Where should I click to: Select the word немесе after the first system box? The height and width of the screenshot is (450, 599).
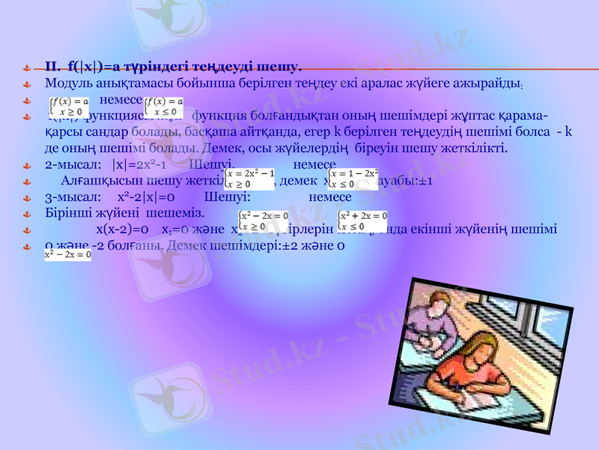(121, 100)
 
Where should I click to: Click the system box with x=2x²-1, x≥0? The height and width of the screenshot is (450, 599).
(249, 176)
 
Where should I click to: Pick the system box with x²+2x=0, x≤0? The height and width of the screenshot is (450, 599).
(362, 220)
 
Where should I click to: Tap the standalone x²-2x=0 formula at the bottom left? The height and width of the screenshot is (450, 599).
(67, 255)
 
